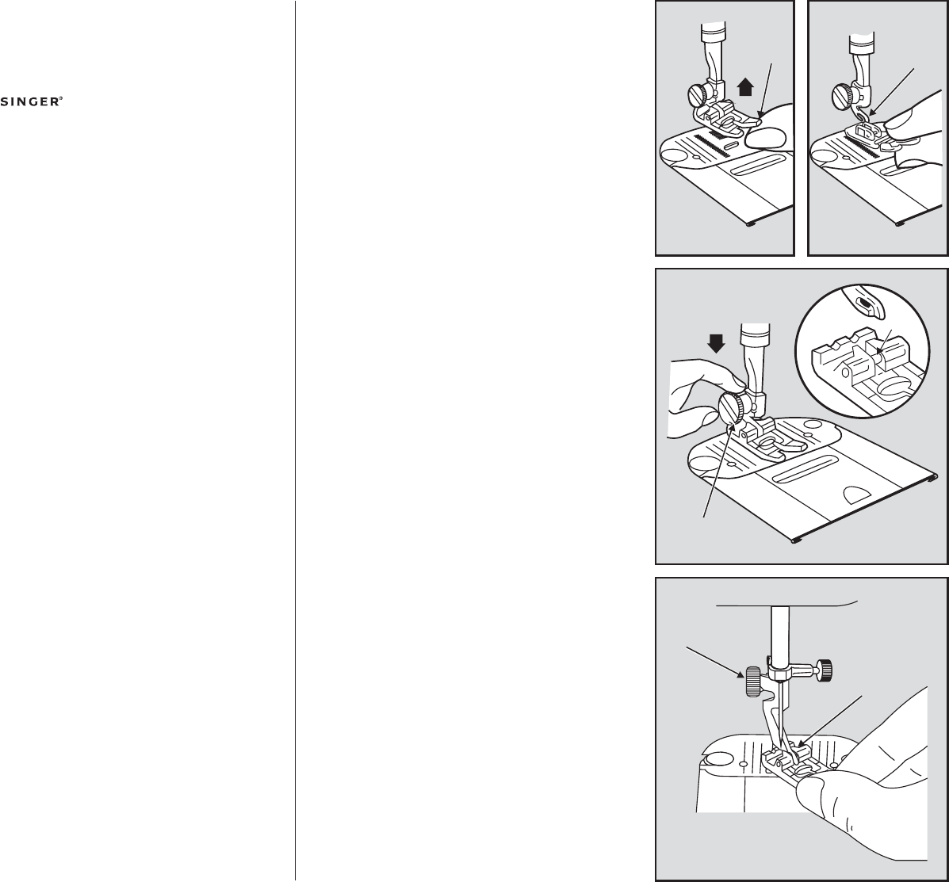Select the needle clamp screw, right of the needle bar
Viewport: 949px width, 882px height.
click(823, 670)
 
